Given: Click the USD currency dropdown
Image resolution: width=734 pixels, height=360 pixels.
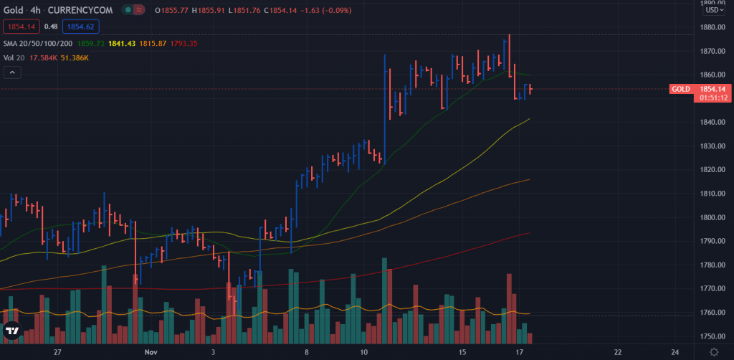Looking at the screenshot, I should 713,10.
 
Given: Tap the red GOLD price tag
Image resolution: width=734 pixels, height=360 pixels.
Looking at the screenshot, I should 681,89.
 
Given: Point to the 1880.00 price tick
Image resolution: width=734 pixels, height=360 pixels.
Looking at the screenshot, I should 712,28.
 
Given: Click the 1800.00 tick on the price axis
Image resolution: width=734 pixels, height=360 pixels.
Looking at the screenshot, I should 712,217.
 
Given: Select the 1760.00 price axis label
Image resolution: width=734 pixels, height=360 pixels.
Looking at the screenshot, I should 712,313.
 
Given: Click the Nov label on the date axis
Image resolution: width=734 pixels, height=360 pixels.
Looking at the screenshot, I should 150,352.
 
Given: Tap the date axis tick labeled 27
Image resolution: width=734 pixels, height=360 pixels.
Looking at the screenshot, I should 59,352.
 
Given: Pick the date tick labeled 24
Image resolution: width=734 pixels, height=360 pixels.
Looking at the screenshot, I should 675,352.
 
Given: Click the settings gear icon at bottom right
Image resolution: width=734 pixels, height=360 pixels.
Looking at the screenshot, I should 714,351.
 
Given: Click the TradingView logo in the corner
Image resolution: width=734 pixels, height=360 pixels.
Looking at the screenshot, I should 12,331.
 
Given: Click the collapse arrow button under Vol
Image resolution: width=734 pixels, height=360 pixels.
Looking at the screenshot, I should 12,72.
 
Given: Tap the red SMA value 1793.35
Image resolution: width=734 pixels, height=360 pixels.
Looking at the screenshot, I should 183,44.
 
